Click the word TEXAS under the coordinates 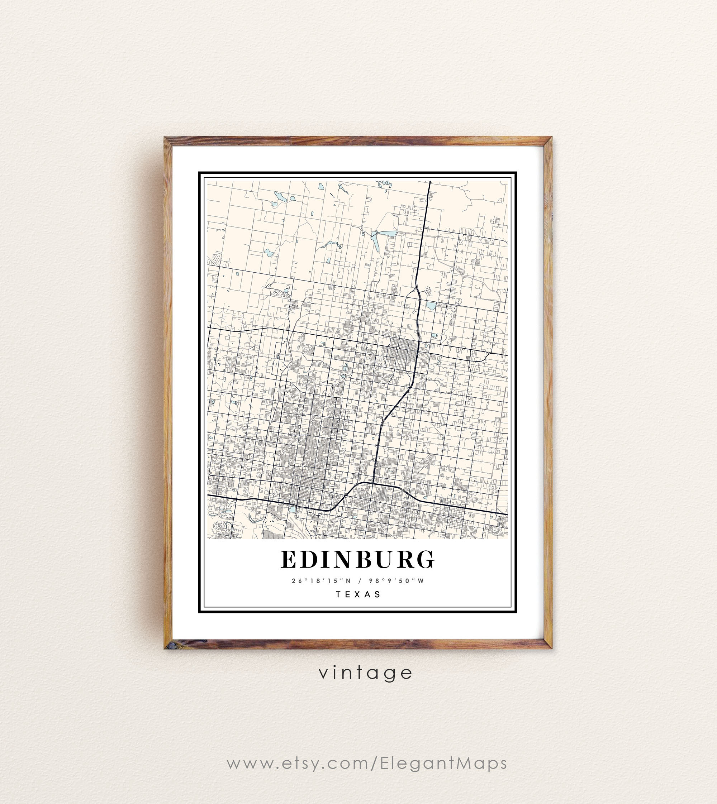(x=358, y=594)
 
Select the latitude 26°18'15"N (x=321, y=581)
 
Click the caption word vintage (x=365, y=673)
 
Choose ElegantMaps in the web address (x=443, y=763)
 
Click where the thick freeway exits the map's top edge (x=430, y=182)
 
